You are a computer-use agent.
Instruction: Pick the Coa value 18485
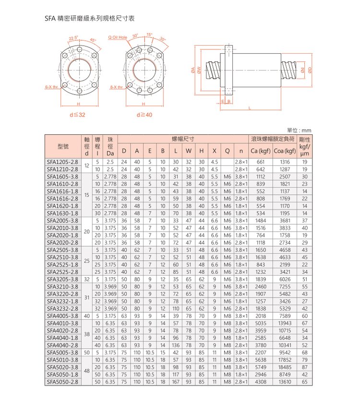point(285,367)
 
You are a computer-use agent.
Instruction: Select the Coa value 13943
point(285,323)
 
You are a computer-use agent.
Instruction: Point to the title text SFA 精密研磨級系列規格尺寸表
point(90,19)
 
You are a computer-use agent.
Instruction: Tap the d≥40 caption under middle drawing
point(144,115)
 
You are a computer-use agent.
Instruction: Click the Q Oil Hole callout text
point(117,37)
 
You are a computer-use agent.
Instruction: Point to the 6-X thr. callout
point(51,87)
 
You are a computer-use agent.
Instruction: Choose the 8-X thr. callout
point(117,87)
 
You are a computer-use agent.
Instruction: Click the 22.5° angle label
point(73,37)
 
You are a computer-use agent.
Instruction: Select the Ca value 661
point(261,162)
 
